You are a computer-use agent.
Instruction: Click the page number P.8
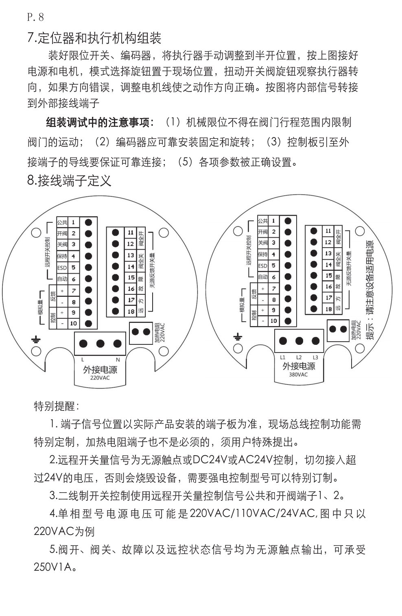pos(35,17)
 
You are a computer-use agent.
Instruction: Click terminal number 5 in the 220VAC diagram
pos(74,267)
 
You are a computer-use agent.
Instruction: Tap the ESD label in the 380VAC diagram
pos(263,266)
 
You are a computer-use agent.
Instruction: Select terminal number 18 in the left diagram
pos(131,311)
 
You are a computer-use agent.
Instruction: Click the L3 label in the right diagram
pos(315,357)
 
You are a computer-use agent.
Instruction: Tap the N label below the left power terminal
pos(118,360)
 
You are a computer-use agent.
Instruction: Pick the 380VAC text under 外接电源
pos(298,375)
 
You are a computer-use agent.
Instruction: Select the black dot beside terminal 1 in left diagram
pos(88,222)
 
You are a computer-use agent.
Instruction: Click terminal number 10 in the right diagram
pos(274,321)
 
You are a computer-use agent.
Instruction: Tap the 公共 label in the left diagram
pos(62,222)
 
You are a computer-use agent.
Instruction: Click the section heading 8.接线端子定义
pos(69,180)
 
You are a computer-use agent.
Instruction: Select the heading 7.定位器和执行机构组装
pos(94,38)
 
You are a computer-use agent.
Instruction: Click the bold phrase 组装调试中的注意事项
pos(100,122)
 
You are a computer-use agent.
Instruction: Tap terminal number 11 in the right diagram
pos(328,230)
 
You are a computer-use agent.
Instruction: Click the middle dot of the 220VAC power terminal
pos(100,344)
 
